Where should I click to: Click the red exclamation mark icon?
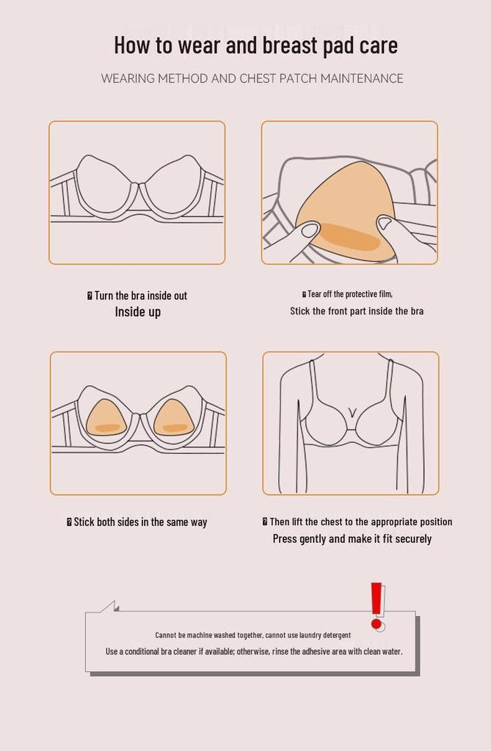pyautogui.click(x=377, y=606)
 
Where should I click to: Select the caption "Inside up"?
pyautogui.click(x=138, y=312)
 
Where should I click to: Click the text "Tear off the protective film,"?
pyautogui.click(x=350, y=294)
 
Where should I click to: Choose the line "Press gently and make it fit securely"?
pyautogui.click(x=352, y=539)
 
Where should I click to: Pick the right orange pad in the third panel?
pyautogui.click(x=173, y=419)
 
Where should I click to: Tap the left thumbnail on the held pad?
pyautogui.click(x=310, y=230)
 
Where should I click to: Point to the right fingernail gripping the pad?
pyautogui.click(x=385, y=222)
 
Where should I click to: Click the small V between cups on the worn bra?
pyautogui.click(x=353, y=412)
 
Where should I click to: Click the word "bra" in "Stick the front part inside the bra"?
pyautogui.click(x=416, y=311)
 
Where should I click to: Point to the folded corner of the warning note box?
pyautogui.click(x=110, y=607)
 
